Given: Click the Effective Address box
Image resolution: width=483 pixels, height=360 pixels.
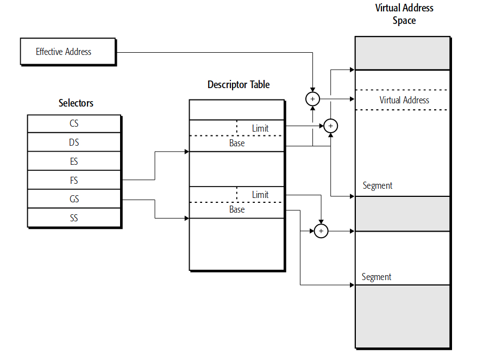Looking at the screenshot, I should (68, 52).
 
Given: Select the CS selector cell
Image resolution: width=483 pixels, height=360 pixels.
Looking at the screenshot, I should (74, 123).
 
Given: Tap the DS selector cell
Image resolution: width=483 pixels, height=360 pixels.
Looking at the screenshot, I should (74, 142).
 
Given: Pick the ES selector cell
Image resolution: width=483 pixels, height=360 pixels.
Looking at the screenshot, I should (74, 162).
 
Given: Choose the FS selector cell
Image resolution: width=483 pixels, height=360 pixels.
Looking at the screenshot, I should (74, 181).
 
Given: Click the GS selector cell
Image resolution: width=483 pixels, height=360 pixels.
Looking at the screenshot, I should (74, 200).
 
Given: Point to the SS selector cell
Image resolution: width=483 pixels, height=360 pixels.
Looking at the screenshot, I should (74, 218).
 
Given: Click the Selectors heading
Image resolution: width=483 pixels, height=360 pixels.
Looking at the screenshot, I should (76, 103).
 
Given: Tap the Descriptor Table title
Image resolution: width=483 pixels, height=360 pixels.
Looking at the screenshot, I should (239, 85).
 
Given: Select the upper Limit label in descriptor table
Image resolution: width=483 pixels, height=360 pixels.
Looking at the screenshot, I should (260, 128).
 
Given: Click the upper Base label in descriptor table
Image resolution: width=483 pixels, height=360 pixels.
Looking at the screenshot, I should (237, 143).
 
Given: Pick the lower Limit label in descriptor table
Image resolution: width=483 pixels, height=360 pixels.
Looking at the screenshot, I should (260, 195).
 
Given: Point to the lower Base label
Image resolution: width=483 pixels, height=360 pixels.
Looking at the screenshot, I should (237, 209).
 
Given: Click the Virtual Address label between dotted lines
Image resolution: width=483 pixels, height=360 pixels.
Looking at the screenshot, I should (404, 100).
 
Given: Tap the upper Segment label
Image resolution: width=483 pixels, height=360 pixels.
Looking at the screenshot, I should (378, 185).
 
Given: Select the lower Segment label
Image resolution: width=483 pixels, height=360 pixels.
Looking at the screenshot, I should (377, 277).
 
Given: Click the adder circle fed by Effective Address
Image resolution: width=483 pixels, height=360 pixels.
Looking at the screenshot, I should (312, 99).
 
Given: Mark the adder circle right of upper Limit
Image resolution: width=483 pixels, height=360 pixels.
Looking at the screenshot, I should (331, 126).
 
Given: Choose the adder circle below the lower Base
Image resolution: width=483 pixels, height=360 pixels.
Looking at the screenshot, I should (321, 231).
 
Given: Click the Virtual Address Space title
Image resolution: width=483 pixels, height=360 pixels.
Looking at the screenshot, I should (404, 14).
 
